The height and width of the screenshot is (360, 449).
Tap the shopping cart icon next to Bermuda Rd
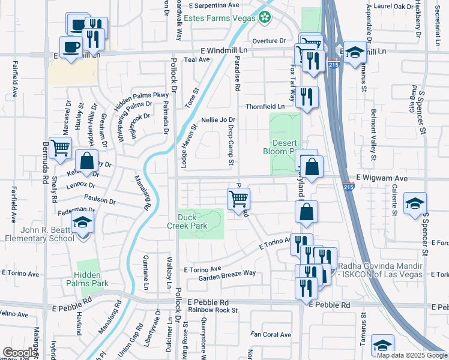point(61,148)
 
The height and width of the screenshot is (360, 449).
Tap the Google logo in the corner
point(20,353)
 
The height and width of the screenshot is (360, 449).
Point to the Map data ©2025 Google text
point(412,355)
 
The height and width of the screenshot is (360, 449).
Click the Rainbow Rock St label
point(213,311)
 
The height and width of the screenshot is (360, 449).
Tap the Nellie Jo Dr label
point(218,120)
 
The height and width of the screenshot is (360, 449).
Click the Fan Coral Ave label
point(271,334)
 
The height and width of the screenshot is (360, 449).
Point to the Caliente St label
point(394,199)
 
